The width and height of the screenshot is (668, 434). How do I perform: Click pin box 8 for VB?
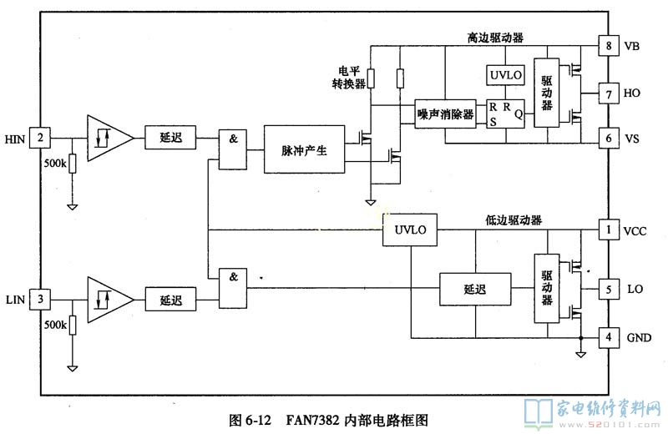pyautogui.click(x=609, y=46)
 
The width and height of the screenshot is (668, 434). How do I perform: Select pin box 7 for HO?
pyautogui.click(x=609, y=93)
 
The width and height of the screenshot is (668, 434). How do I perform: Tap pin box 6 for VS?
pyautogui.click(x=609, y=138)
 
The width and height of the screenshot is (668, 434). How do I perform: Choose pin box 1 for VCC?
pyautogui.click(x=609, y=230)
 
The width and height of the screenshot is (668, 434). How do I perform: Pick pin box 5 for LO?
pyautogui.click(x=609, y=289)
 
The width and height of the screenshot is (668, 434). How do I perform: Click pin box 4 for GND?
pyautogui.click(x=609, y=337)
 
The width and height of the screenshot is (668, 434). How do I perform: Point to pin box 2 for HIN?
pyautogui.click(x=39, y=137)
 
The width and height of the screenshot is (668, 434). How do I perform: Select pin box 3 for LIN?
pyautogui.click(x=39, y=299)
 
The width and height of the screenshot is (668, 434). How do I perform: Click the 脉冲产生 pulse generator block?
pyautogui.click(x=303, y=150)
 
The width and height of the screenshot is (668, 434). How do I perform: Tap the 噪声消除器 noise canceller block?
pyautogui.click(x=445, y=114)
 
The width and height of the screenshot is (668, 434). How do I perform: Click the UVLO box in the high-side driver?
pyautogui.click(x=506, y=75)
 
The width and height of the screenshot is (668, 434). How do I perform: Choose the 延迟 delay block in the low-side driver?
pyautogui.click(x=474, y=289)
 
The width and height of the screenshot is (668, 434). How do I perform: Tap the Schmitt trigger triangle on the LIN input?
pyautogui.click(x=106, y=299)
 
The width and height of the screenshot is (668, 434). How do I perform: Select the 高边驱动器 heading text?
pyautogui.click(x=495, y=38)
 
